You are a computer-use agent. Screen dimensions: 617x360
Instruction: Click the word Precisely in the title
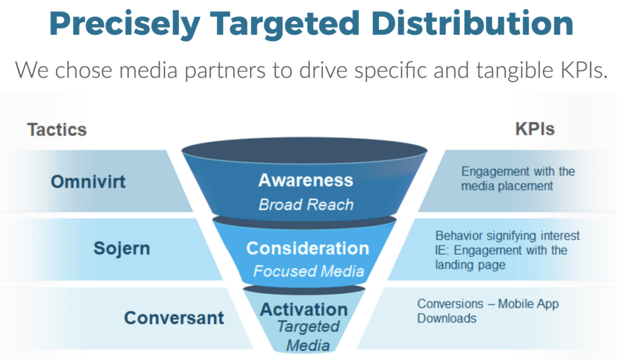coord(125,24)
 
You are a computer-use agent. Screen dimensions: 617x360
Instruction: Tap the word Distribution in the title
coord(472,23)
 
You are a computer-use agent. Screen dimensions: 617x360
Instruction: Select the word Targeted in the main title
coord(285,24)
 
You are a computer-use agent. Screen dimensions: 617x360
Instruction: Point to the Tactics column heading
coord(57,130)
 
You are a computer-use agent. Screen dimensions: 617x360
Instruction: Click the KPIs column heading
coord(535,129)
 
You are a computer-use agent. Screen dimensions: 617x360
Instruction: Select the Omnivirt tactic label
coord(88,182)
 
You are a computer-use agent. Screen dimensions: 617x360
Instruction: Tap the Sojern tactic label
coord(122,248)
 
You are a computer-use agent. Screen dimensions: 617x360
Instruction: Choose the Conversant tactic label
coord(174,318)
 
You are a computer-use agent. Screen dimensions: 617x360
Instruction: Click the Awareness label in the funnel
coord(305,180)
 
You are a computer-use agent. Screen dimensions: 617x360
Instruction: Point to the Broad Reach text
coord(305,205)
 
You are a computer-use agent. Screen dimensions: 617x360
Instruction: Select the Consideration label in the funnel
coord(308,248)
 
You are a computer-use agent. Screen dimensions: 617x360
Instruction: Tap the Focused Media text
coord(308,271)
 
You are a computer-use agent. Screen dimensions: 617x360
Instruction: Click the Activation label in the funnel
coord(304,309)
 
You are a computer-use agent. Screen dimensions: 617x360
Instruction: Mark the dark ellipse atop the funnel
coord(304,151)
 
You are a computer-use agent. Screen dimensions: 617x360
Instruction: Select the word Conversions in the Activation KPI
coord(450,304)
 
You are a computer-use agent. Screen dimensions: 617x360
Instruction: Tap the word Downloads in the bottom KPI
coord(446,318)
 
